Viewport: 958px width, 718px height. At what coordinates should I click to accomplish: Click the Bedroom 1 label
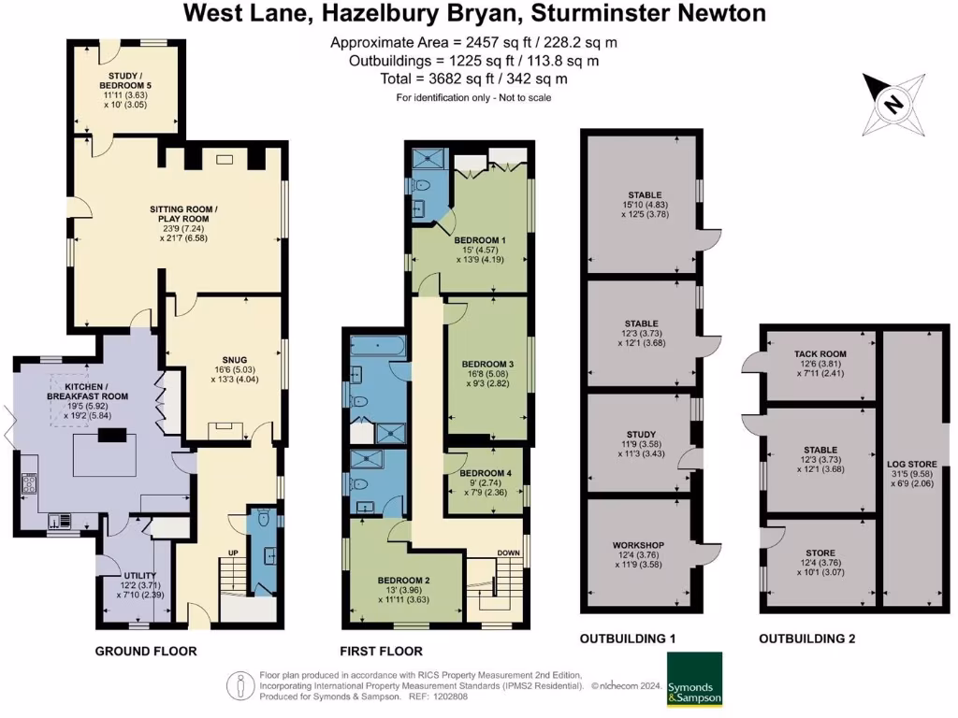click(x=484, y=240)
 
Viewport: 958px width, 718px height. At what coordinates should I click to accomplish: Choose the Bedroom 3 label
click(x=487, y=364)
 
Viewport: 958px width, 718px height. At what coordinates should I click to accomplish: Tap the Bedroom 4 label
click(x=486, y=473)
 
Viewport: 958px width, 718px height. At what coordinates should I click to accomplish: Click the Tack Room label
click(x=820, y=353)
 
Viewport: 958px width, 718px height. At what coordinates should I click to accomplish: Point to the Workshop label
click(x=638, y=545)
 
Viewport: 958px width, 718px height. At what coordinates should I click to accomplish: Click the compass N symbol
click(x=893, y=104)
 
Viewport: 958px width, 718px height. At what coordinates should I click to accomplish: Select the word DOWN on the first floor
click(x=508, y=553)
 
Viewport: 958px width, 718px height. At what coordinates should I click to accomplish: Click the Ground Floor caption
click(x=146, y=651)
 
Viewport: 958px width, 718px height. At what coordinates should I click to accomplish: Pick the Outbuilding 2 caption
click(x=806, y=639)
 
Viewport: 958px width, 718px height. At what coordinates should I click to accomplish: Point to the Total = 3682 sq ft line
click(x=473, y=79)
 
